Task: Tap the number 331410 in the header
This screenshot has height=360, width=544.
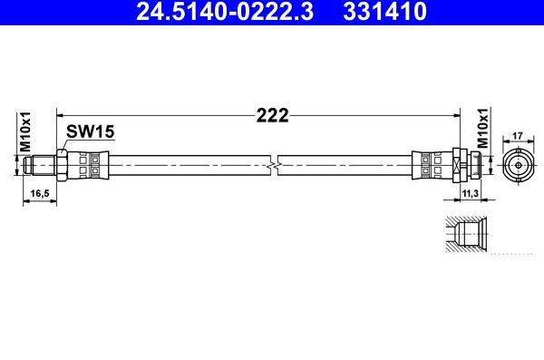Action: point(382,12)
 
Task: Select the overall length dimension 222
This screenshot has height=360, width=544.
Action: point(272,116)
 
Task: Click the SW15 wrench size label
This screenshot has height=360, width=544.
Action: point(90,132)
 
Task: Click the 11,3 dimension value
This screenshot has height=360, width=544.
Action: point(469,194)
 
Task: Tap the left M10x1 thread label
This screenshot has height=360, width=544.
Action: point(26,132)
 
